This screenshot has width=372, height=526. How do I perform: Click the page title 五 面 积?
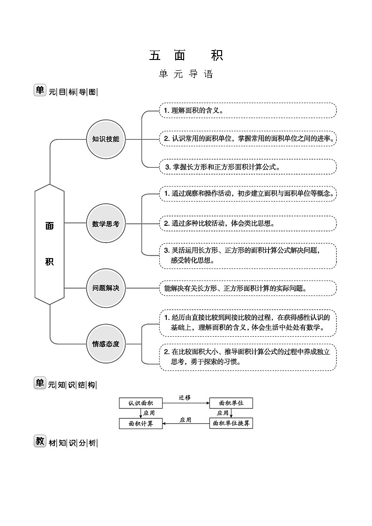[186, 55]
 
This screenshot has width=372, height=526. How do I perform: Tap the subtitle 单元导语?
[186, 74]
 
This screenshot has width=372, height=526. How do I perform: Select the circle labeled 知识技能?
[106, 139]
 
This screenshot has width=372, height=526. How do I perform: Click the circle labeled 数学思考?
[106, 224]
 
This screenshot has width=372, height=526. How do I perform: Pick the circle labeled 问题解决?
[106, 288]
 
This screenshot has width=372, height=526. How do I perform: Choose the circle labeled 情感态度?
[106, 344]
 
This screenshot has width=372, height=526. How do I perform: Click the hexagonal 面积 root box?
[50, 244]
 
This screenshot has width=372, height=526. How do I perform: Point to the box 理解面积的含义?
[248, 111]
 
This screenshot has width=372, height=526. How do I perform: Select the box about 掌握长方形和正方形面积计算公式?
[248, 167]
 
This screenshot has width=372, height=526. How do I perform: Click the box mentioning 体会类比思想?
[248, 223]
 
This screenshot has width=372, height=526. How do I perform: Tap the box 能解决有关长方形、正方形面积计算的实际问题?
[248, 288]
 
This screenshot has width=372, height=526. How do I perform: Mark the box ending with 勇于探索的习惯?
[248, 357]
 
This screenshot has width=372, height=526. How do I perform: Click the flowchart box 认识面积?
[141, 403]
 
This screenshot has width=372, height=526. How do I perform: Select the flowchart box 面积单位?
[231, 403]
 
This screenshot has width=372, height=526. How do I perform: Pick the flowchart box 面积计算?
[141, 423]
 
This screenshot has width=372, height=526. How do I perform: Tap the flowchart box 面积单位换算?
[231, 423]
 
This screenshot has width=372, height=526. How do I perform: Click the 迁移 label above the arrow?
[185, 397]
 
